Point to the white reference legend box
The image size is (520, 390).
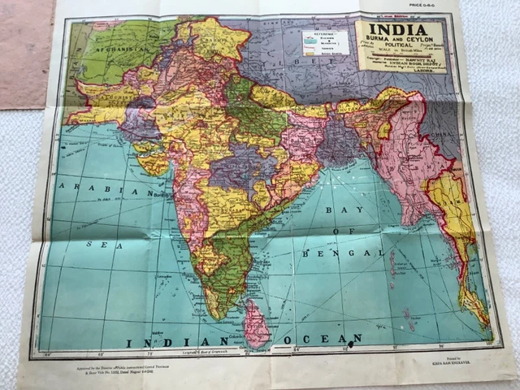click(324, 42)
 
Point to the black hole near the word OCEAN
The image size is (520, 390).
click(351, 345)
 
